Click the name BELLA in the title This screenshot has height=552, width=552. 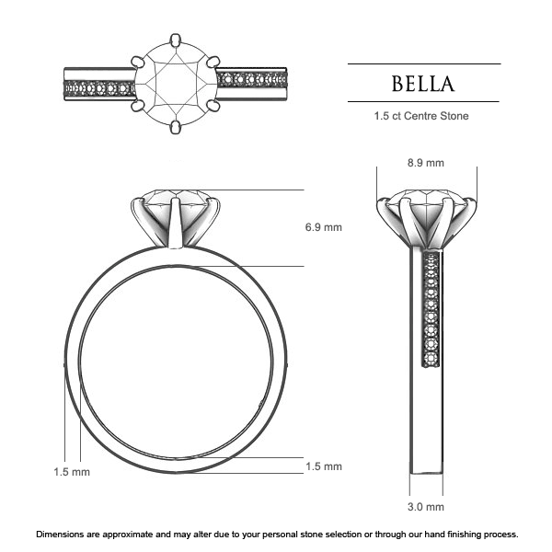(x=423, y=85)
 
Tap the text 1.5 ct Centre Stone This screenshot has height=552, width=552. (x=423, y=117)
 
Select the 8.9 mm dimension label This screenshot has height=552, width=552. (x=425, y=163)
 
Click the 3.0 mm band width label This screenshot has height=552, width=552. (x=425, y=507)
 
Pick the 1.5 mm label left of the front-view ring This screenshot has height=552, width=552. (x=71, y=472)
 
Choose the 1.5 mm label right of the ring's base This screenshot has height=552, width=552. (x=323, y=466)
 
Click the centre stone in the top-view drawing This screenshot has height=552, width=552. (x=177, y=85)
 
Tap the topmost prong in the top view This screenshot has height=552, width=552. (x=176, y=40)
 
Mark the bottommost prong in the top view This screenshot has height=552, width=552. (x=176, y=128)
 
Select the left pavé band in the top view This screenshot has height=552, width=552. (x=98, y=89)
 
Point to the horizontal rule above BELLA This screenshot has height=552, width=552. (x=423, y=63)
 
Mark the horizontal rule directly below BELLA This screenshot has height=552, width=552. (x=423, y=101)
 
